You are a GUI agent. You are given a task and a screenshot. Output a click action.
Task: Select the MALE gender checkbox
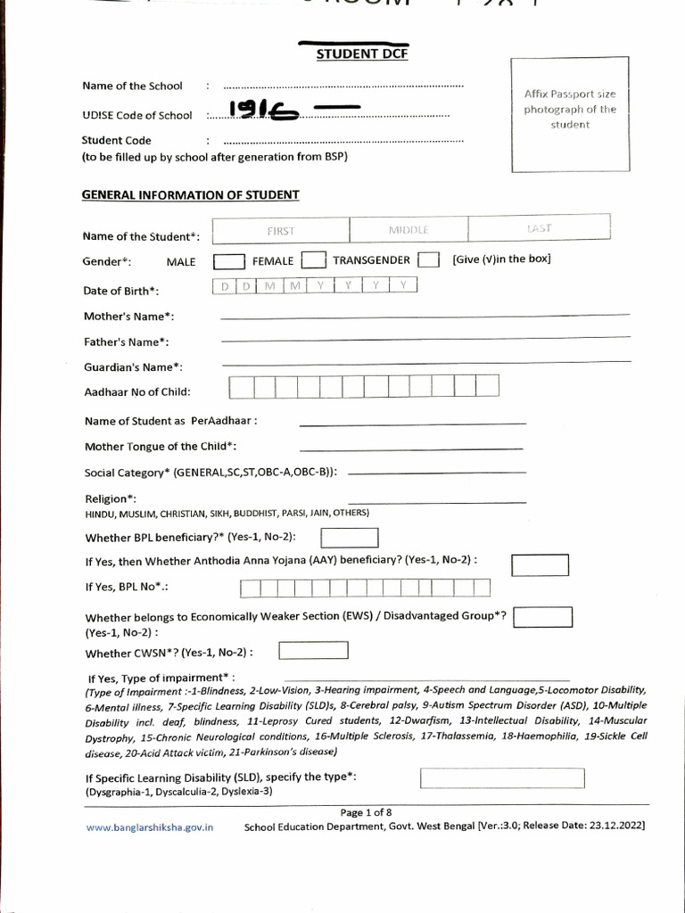coord(229,261)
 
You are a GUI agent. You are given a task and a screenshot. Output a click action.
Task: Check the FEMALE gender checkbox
coord(313,260)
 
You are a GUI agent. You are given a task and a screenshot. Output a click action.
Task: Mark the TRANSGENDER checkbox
coord(428,260)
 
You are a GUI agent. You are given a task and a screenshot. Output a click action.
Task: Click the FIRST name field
coord(281,229)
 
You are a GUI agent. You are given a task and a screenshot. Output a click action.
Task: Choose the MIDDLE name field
coord(409,229)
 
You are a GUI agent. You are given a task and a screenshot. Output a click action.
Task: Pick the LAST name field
coord(539,228)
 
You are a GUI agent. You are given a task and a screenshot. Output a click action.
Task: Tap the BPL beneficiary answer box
coord(349,538)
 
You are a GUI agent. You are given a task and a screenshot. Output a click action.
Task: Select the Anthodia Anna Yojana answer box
coord(540,564)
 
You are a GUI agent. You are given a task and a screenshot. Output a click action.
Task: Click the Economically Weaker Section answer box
coord(542,617)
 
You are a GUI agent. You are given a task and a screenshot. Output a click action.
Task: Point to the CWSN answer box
coord(313,651)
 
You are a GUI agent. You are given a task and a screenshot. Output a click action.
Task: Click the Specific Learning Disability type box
coord(502,778)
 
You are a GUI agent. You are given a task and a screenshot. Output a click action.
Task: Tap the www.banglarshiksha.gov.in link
coord(150,827)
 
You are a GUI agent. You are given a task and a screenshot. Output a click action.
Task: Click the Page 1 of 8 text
coord(366,812)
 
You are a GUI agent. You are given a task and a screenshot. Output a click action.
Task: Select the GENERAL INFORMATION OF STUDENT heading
coord(191,194)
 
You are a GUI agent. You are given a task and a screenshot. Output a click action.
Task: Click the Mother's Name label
coord(128,317)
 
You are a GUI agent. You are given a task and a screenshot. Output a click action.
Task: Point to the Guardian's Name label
coord(133,366)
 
